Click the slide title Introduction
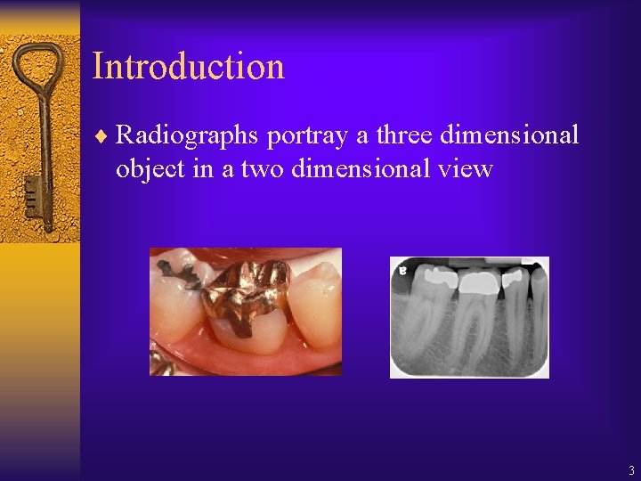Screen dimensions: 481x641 point(188,67)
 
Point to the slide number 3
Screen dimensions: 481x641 point(631,470)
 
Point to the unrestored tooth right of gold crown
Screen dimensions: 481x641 point(316,303)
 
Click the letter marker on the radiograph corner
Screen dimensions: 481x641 point(402,268)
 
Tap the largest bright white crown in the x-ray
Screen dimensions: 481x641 point(478,283)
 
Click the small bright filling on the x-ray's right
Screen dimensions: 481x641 point(514,277)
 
